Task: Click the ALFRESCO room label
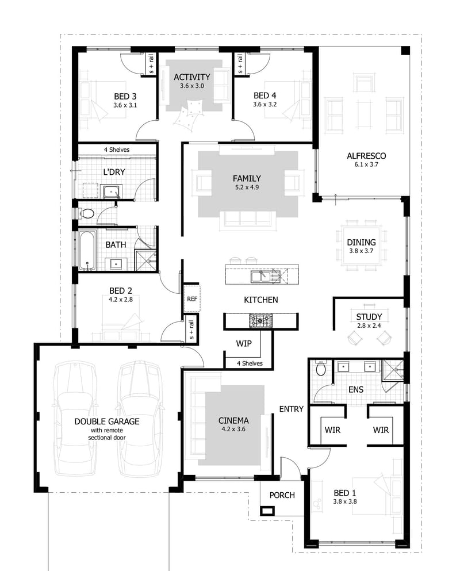tap(366, 156)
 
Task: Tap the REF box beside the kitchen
tap(191, 299)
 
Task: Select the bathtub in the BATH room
tap(87, 250)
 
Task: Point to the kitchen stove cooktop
tap(260, 321)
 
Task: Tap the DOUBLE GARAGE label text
tap(106, 421)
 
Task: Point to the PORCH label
tap(282, 495)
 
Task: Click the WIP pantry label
tap(244, 343)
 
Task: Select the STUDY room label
tap(369, 317)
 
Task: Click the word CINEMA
tap(234, 420)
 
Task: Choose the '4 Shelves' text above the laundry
tap(116, 150)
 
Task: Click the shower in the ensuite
tap(393, 370)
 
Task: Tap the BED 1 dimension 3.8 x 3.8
tap(345, 501)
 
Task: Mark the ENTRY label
tap(291, 409)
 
